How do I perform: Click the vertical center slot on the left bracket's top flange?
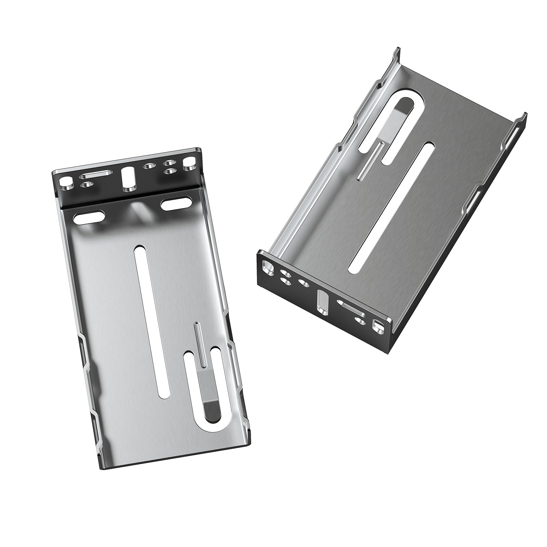(x=129, y=177)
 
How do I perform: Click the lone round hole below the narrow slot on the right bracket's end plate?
(x=359, y=320)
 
